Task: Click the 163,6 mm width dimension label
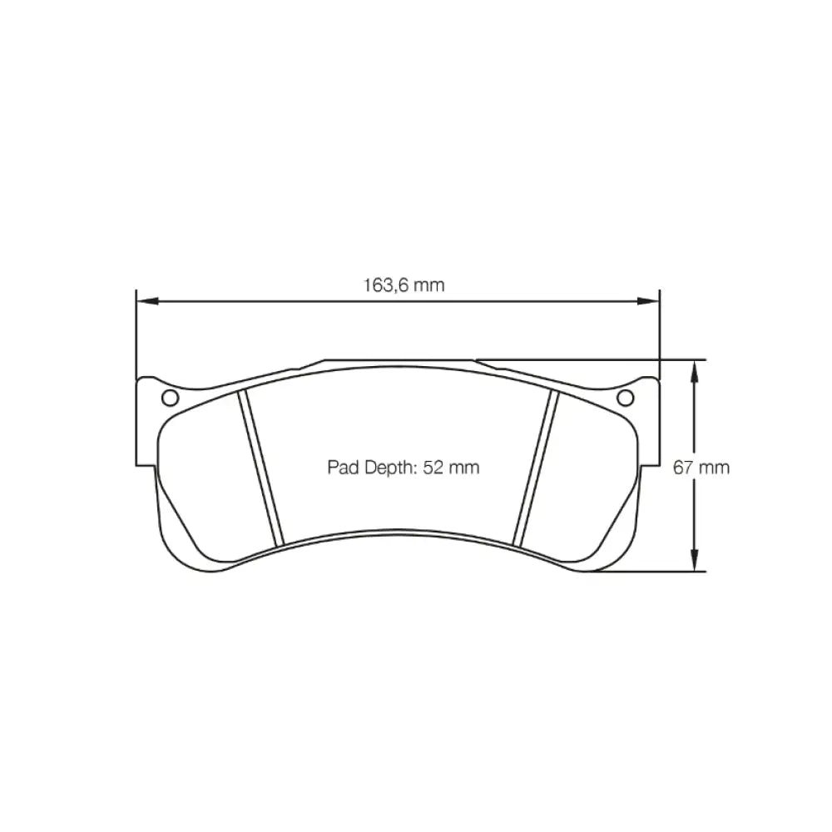pyautogui.click(x=404, y=285)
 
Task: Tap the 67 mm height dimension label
pyautogui.click(x=701, y=468)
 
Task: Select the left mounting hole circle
pyautogui.click(x=170, y=398)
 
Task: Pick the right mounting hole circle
pyautogui.click(x=626, y=398)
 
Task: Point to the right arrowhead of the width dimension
pyautogui.click(x=648, y=301)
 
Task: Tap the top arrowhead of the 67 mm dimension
pyautogui.click(x=694, y=370)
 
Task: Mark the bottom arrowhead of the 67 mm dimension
pyautogui.click(x=694, y=560)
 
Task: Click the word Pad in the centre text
pyautogui.click(x=342, y=468)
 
